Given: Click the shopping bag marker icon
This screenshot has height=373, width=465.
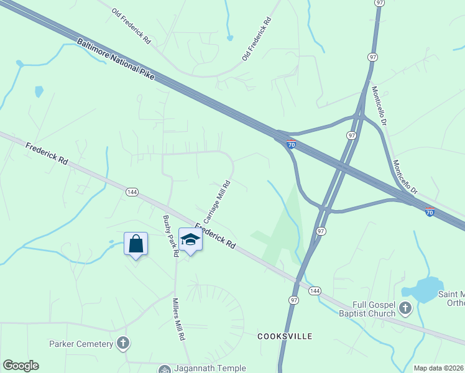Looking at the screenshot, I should pos(136,244).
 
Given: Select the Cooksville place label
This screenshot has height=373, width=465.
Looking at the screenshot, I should pos(285,336).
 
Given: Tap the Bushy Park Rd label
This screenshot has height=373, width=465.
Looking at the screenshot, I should pos(170,236).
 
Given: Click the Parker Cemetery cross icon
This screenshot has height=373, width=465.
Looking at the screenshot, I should pos(123,343).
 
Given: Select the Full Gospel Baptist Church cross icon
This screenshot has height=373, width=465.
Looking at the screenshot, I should pos(405,308).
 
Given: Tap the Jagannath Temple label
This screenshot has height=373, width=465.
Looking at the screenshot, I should pos(202,369).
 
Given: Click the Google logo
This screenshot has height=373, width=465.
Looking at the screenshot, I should pos(21,366).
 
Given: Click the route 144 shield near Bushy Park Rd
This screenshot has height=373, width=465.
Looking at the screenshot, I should pos(131,191).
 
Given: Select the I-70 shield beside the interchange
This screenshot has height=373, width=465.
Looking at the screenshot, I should pos(291,145).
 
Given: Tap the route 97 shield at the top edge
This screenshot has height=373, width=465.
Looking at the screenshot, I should pos(379,3).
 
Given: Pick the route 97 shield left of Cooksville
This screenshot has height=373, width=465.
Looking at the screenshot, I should pos(293,300).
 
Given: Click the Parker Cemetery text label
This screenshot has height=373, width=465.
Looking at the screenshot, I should pos(81,344).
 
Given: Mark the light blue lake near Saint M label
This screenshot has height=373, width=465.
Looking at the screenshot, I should pos(423,290).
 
